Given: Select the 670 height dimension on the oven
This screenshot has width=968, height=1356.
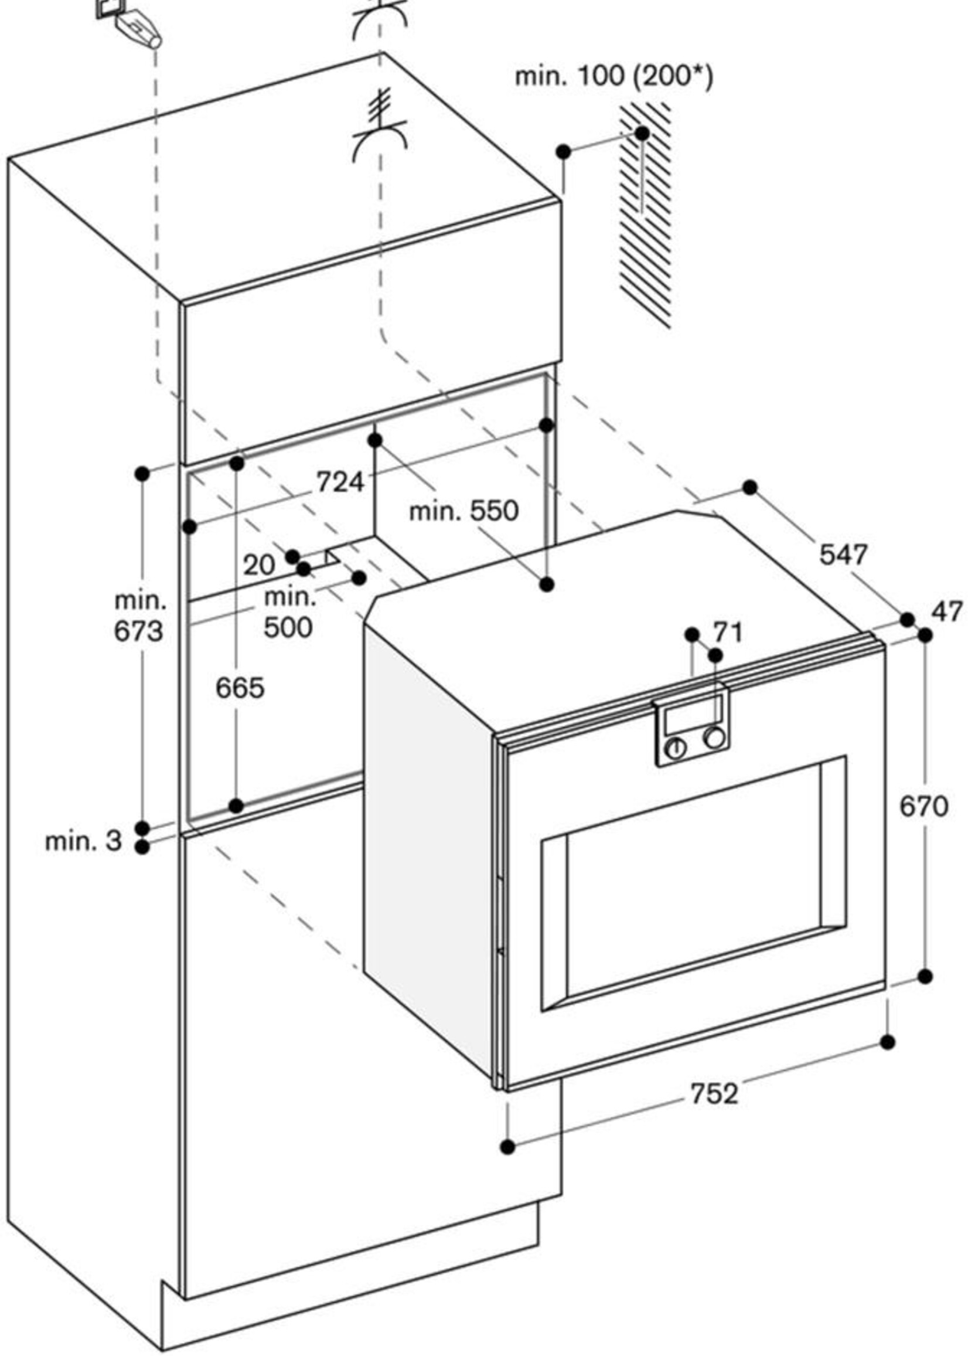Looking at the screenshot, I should coord(923,807).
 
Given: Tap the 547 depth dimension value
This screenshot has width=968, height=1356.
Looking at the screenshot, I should coord(843,555).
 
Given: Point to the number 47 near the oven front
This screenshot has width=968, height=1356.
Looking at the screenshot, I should coord(946,612).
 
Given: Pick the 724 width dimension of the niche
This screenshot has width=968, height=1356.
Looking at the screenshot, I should coord(339,482).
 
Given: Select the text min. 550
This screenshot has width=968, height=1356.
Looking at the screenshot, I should coord(463,511).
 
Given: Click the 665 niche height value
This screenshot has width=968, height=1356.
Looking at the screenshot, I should coord(240,689).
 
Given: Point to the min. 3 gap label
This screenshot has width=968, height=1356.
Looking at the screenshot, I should coord(83,841).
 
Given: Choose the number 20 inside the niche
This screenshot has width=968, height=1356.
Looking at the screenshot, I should coord(258,565).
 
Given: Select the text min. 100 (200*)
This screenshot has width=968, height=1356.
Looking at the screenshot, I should coord(613,77).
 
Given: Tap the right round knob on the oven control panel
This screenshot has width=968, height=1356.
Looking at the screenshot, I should coord(714,738).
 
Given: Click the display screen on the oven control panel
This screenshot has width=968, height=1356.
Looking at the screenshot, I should coord(691,719).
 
